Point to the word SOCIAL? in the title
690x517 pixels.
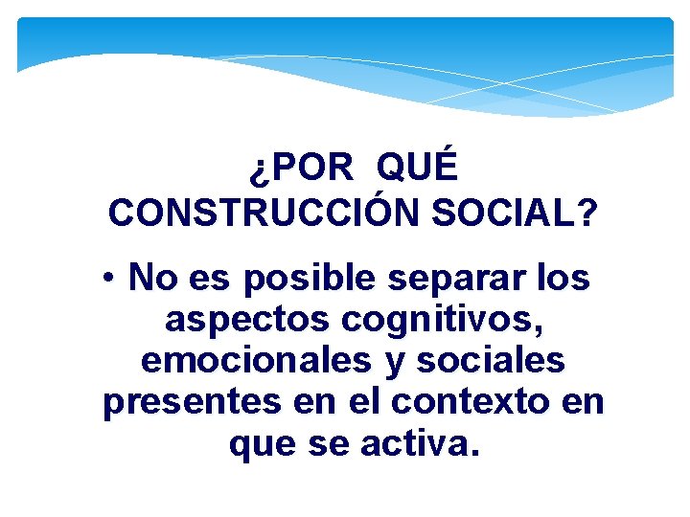(x=514, y=213)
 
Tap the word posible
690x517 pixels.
(x=311, y=279)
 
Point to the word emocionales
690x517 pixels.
(x=255, y=361)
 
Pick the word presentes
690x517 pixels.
(x=189, y=402)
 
